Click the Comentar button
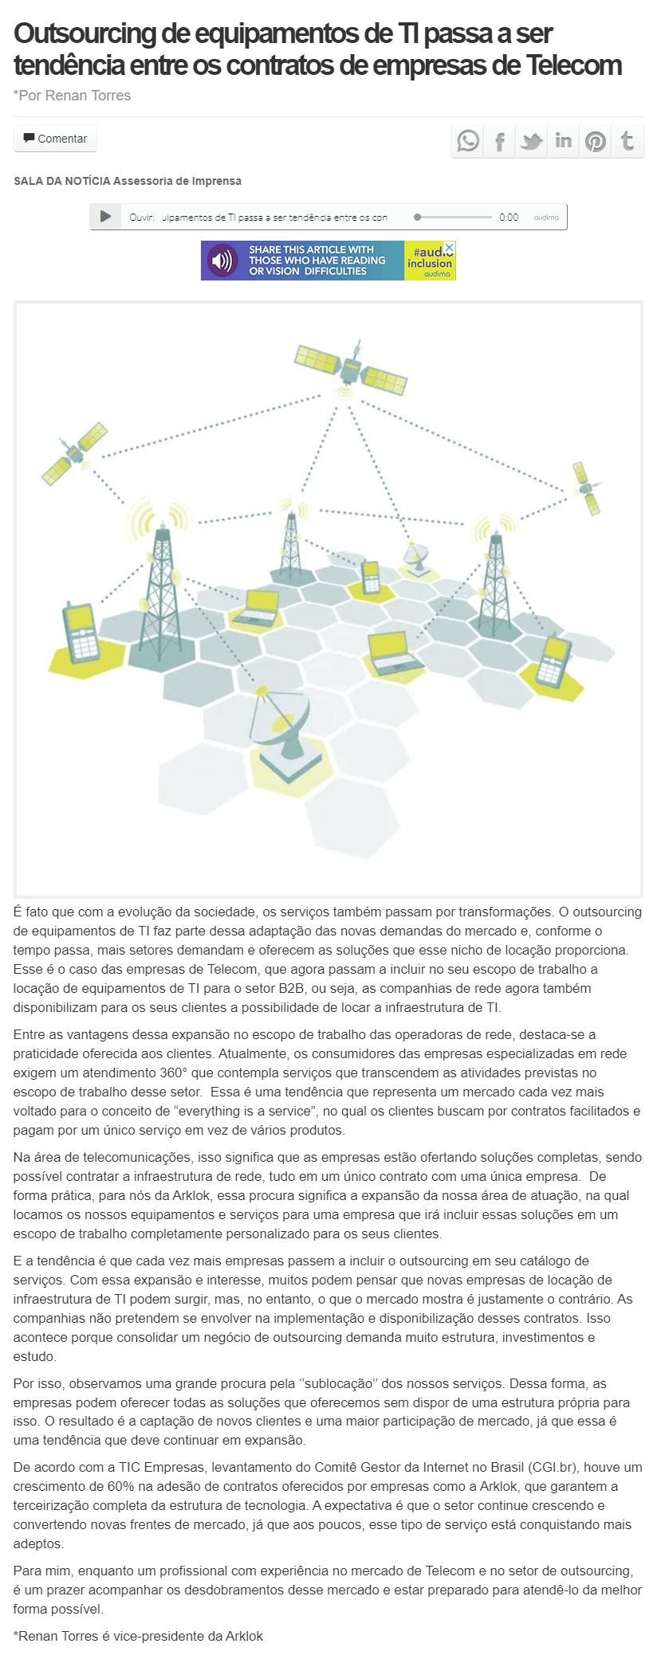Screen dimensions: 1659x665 [x=55, y=139]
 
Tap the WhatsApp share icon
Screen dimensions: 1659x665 [x=468, y=141]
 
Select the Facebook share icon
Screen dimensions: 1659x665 [x=500, y=142]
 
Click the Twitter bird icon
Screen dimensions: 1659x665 [x=531, y=142]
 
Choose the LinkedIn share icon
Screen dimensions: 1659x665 [x=563, y=141]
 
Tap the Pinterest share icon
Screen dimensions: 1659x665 [x=596, y=142]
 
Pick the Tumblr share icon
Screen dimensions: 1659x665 [x=628, y=141]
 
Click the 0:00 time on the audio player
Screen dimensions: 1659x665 [x=509, y=218]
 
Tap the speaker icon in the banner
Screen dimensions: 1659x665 [x=222, y=261]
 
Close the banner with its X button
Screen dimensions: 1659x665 [x=449, y=248]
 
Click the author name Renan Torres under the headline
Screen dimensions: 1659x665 [x=88, y=96]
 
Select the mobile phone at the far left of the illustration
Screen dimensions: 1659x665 [x=81, y=633]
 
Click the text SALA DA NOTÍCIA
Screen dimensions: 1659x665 [x=62, y=181]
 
